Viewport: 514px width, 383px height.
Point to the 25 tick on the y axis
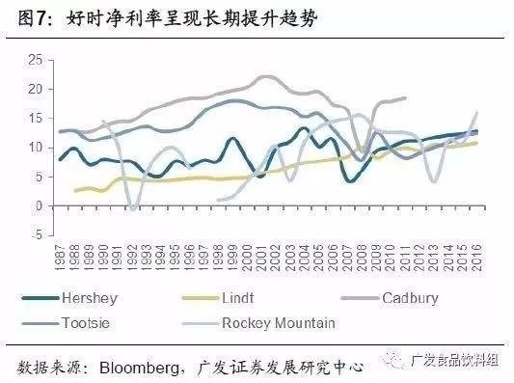point(36,60)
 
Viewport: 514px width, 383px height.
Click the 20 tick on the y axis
point(36,89)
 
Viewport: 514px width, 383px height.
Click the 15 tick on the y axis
point(36,118)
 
